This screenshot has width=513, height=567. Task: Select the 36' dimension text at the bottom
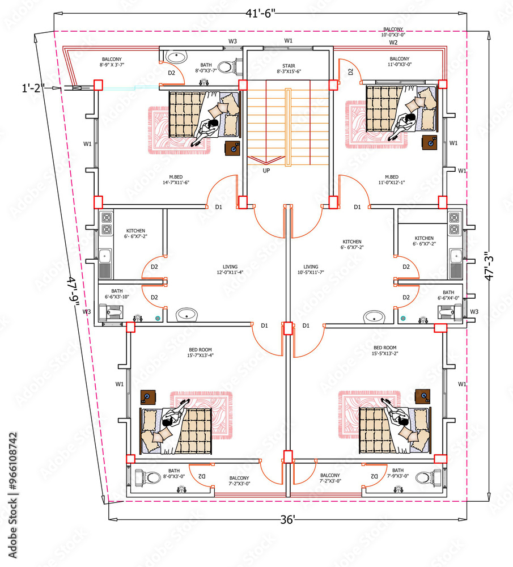coord(287,520)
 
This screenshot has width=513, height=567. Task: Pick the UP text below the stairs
coord(266,170)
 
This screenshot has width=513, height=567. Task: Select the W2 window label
coord(393,43)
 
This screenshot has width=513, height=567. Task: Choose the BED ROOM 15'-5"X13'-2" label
coord(385,351)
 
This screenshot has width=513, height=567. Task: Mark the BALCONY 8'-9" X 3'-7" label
coord(111,62)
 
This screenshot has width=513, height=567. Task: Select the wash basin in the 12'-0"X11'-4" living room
coord(186,315)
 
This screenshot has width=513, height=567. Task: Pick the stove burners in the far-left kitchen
coord(106,223)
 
